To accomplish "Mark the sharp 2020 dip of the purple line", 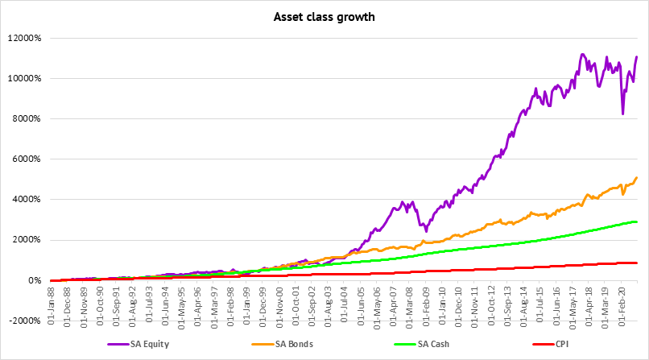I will coord(622,114).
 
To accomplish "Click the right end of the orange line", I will coord(637,177).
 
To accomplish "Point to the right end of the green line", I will coord(637,221).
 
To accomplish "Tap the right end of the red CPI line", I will coord(637,263).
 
